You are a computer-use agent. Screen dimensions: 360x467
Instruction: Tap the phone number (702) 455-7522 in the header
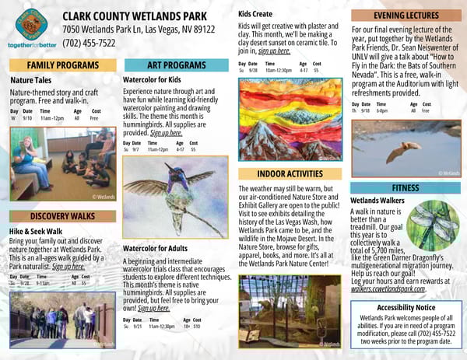click(89, 43)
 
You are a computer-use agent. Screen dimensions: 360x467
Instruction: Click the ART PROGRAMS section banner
click(175, 65)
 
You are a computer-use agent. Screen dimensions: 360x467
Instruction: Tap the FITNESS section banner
click(405, 187)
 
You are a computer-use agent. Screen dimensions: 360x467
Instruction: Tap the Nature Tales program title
click(32, 79)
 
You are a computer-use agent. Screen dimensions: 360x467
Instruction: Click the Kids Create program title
click(255, 14)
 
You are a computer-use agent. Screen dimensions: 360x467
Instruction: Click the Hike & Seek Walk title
click(36, 231)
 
